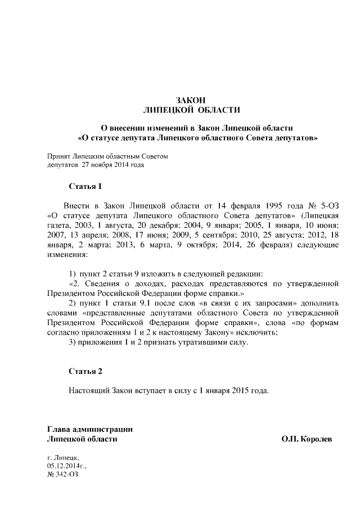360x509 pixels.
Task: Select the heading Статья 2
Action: point(85,371)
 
